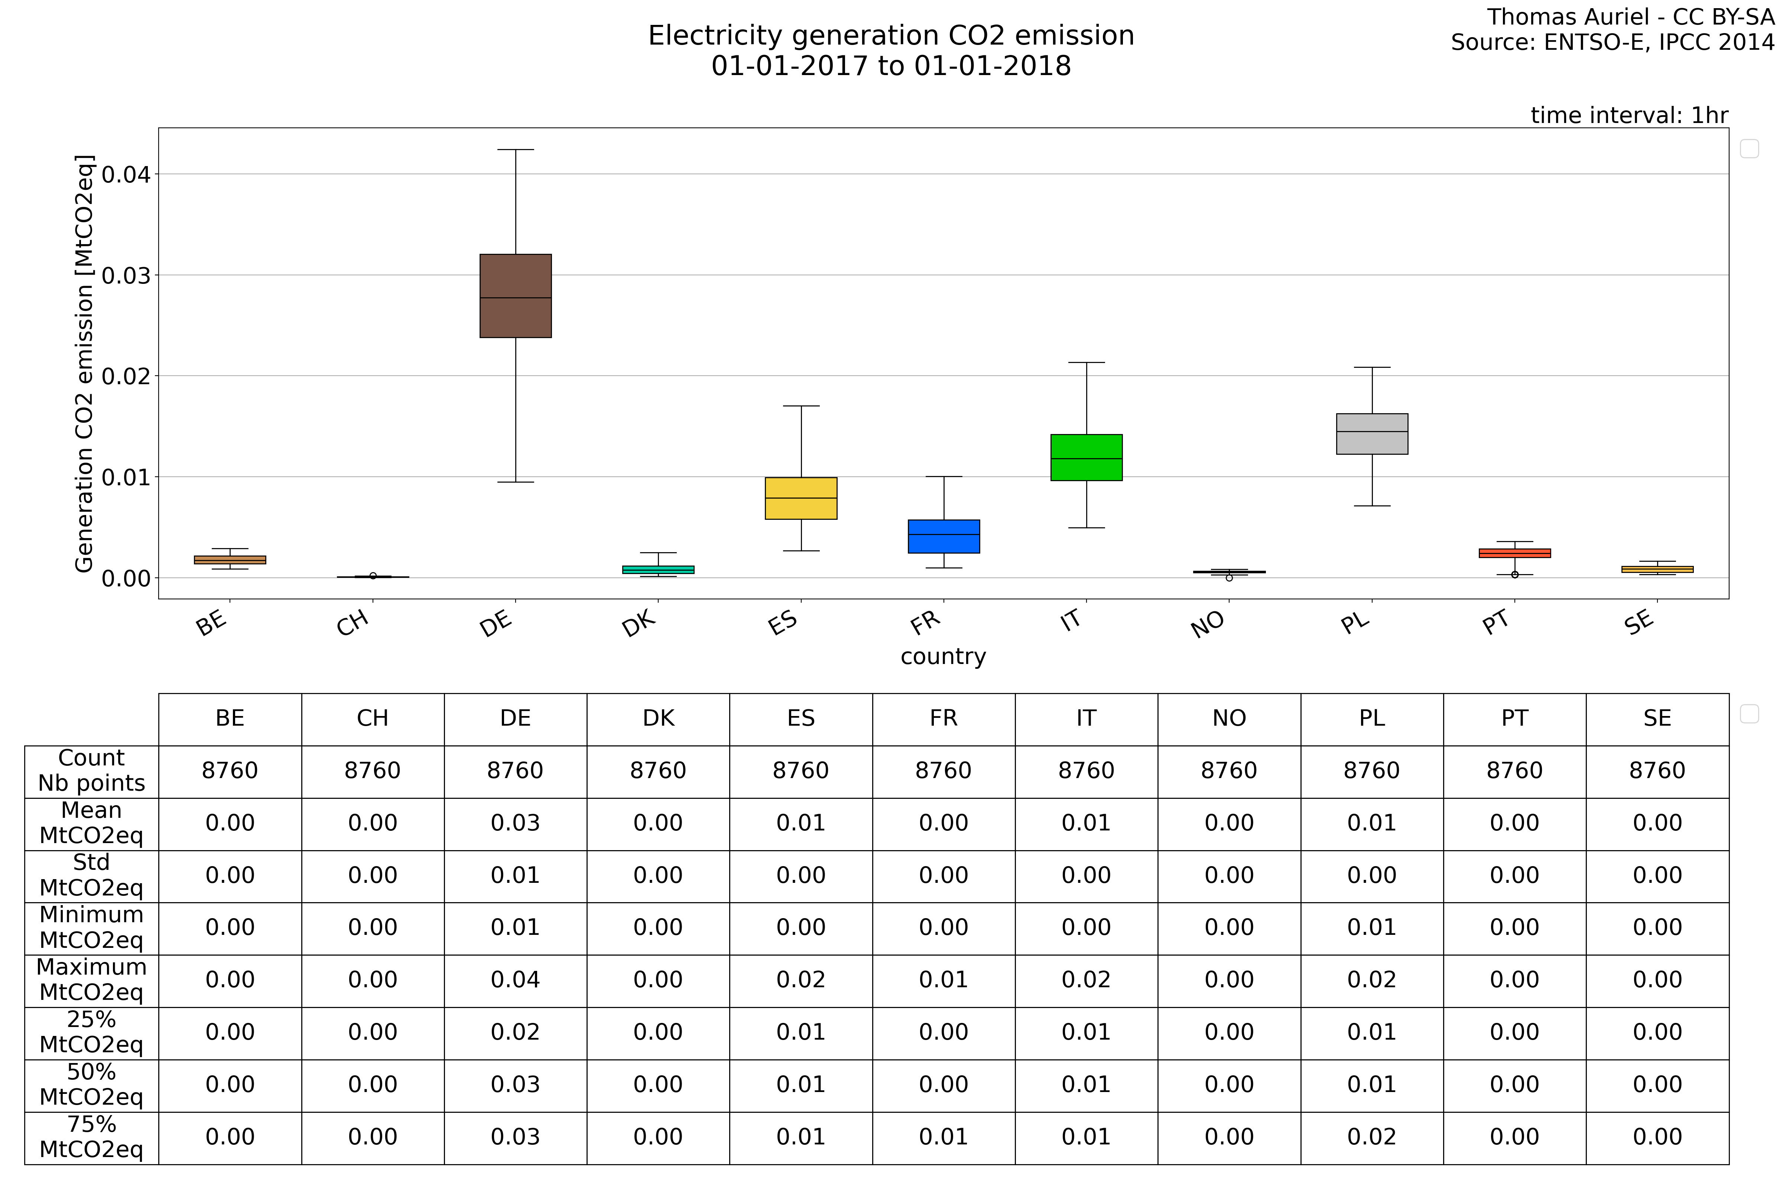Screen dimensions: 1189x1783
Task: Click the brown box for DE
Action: pos(516,296)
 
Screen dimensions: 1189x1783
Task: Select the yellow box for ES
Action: pos(800,498)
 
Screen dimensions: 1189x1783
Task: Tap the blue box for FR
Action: pos(944,536)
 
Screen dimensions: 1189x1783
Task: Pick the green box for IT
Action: pos(1086,457)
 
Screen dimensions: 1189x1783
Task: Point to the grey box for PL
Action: pos(1372,434)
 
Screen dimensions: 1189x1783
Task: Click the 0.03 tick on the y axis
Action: pos(126,275)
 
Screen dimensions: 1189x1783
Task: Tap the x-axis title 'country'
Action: pos(943,657)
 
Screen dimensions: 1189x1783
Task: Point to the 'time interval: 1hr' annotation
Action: pos(1629,115)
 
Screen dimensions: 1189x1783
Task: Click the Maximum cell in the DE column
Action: pos(516,980)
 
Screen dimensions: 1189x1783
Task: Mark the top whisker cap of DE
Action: pos(516,149)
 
